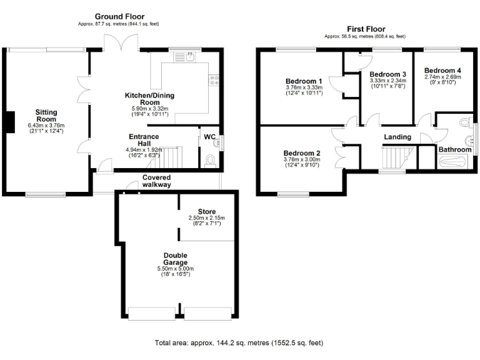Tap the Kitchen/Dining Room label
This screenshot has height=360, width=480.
(149, 99)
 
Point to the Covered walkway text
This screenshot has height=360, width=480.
(156, 181)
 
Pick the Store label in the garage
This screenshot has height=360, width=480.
(206, 211)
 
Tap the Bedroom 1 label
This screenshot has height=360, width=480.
(304, 81)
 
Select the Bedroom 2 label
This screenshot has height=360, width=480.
(302, 153)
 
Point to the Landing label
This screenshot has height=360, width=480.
(397, 137)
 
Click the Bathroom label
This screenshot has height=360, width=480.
(454, 150)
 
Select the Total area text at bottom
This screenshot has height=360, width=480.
(239, 343)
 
